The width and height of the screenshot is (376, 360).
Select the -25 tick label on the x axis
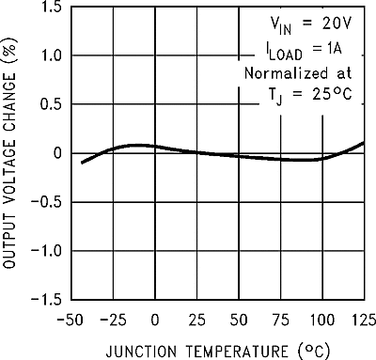click(x=113, y=320)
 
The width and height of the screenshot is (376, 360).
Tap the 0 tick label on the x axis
click(x=156, y=320)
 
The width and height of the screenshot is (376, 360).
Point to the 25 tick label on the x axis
click(x=197, y=320)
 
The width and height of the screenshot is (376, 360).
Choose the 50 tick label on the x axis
click(x=240, y=320)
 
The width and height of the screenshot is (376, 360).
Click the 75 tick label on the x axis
click(x=281, y=320)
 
